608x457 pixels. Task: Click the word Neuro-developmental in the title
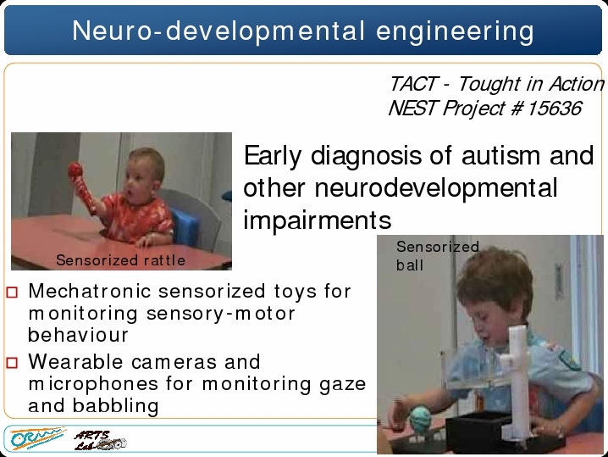[x=218, y=31]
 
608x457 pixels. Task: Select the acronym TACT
[x=413, y=84]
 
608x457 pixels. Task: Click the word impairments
[x=318, y=220]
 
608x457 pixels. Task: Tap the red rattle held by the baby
[x=81, y=187]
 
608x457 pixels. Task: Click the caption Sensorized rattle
[x=120, y=260]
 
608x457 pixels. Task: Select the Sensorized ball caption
[x=438, y=256]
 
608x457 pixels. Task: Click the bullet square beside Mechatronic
[x=12, y=292]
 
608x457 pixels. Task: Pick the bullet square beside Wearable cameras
[x=12, y=363]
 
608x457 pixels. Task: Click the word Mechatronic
[x=90, y=291]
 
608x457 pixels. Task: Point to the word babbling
[x=115, y=406]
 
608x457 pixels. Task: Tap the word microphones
[x=93, y=384]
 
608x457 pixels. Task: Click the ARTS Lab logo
[x=100, y=440]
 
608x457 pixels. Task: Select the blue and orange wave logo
[x=37, y=437]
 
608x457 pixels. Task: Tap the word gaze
[x=343, y=385]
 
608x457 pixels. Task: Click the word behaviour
[x=78, y=335]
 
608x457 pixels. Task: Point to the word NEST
[x=412, y=108]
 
